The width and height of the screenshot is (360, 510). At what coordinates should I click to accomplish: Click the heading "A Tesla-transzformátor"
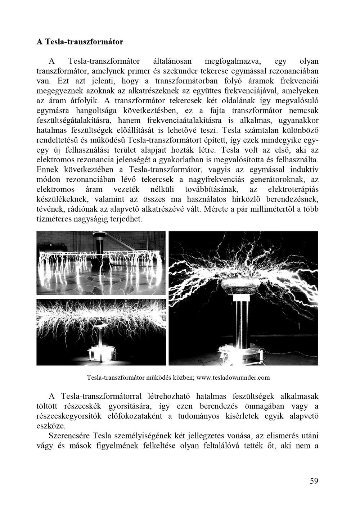point(80,42)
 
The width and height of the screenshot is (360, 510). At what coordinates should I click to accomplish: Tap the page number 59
point(314,481)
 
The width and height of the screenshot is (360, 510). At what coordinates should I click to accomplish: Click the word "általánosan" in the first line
point(172,62)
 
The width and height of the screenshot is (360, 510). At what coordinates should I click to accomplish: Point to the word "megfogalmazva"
point(233,62)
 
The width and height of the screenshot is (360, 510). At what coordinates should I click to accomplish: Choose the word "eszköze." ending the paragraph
point(51,426)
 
